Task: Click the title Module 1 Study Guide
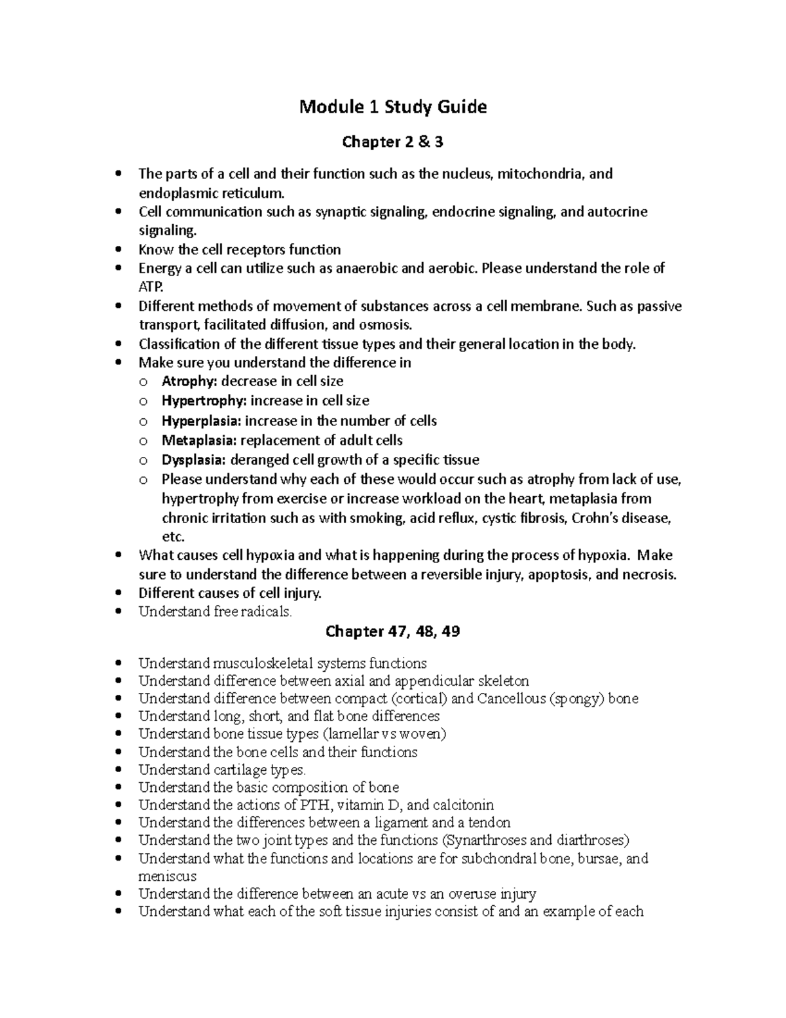point(393,107)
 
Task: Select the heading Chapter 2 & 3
point(393,142)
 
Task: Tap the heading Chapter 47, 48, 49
point(392,631)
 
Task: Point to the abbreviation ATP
point(148,287)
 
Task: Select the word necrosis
point(649,575)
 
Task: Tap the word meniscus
point(167,876)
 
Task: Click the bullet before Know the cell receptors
point(118,250)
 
